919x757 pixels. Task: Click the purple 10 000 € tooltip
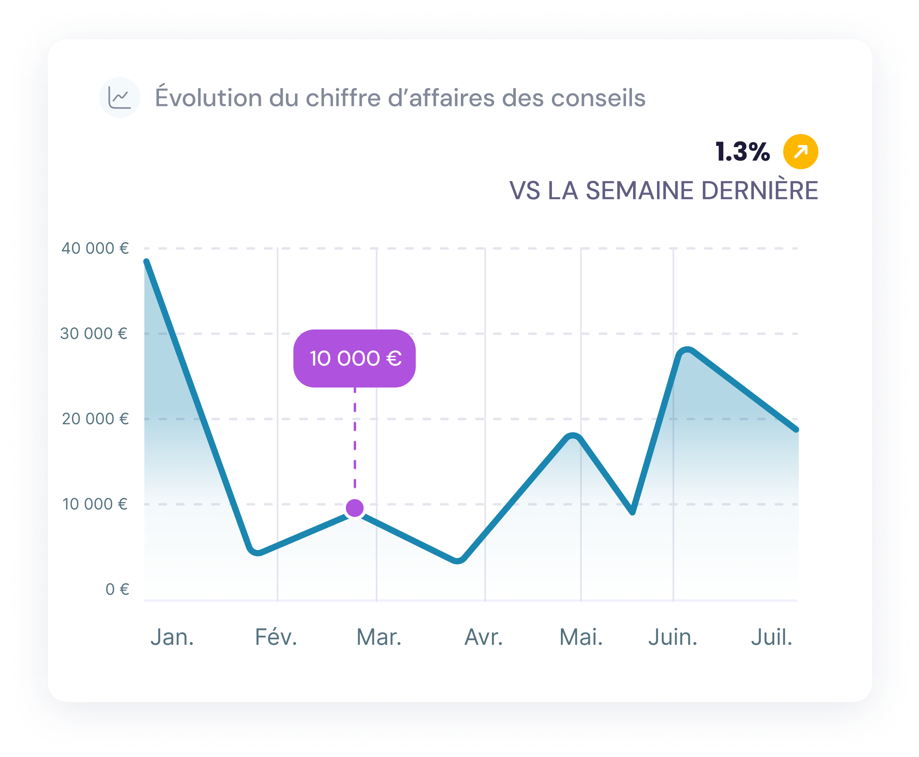click(355, 358)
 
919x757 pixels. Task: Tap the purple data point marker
click(355, 508)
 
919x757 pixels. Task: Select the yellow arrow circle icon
click(801, 152)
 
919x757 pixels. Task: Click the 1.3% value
click(742, 152)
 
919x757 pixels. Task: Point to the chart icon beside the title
click(120, 98)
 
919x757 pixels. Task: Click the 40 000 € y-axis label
click(95, 248)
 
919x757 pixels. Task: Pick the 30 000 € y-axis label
click(94, 333)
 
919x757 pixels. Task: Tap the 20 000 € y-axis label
click(95, 419)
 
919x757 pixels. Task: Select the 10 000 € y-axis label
click(95, 504)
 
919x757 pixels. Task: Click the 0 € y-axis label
click(117, 589)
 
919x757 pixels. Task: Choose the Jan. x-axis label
click(172, 637)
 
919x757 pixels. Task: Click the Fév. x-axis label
click(276, 637)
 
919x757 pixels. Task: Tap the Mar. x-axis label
click(379, 637)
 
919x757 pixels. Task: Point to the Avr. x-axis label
click(484, 637)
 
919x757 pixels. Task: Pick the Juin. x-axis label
click(673, 637)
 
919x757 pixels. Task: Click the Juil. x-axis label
click(771, 637)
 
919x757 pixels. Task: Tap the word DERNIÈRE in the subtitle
click(759, 191)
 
